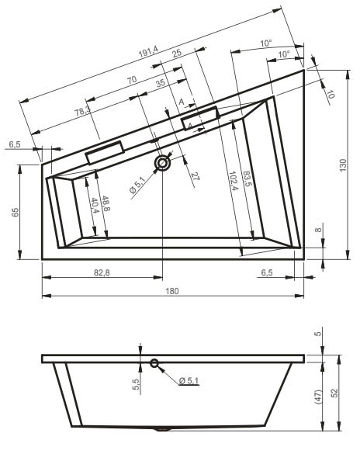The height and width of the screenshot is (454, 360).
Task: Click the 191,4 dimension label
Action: click(x=148, y=51)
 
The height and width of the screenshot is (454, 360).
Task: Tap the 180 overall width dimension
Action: click(x=172, y=291)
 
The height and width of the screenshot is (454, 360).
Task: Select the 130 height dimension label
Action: click(x=343, y=165)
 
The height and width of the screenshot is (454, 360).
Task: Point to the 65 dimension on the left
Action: click(x=16, y=212)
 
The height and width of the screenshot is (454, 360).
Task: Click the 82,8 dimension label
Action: click(x=102, y=272)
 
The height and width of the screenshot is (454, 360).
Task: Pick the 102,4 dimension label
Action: click(x=234, y=181)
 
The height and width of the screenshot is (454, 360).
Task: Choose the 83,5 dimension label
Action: click(x=247, y=179)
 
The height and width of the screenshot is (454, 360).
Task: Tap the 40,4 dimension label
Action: click(x=95, y=206)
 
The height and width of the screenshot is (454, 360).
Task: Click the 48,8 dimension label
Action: click(x=105, y=204)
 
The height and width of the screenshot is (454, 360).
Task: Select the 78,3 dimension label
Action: click(x=82, y=111)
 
